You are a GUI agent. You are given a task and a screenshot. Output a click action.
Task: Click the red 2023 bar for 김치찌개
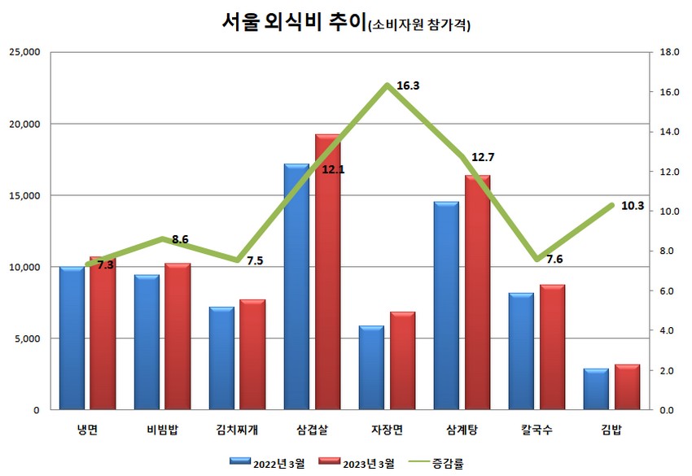click(252, 355)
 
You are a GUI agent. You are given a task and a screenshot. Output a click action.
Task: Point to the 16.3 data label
click(408, 85)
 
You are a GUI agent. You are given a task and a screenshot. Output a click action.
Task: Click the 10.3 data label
click(632, 206)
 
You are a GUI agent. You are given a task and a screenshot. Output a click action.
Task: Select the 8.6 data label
click(180, 239)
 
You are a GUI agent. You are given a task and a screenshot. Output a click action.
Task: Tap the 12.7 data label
click(483, 157)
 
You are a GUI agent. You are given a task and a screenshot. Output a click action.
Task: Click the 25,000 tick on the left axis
click(24, 52)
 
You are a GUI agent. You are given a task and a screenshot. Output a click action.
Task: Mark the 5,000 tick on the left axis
click(28, 338)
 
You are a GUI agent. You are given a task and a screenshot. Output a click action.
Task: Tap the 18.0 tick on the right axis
click(670, 52)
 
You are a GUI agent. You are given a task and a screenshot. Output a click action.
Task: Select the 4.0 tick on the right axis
click(668, 330)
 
